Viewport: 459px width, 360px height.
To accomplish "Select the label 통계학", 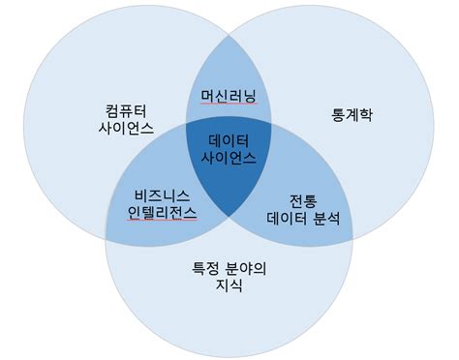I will (x=352, y=115).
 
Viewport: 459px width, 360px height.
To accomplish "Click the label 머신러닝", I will (x=227, y=97).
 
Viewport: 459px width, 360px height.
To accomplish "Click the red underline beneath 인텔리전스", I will (x=162, y=222).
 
